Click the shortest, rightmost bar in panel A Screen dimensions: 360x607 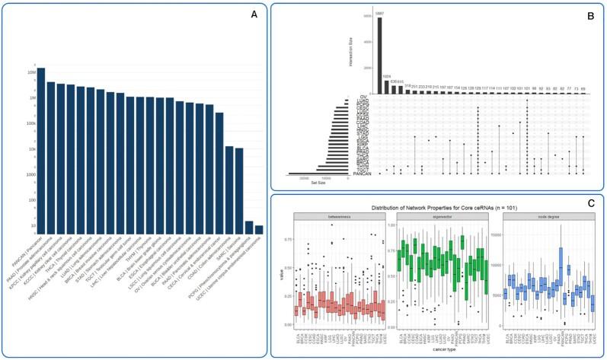[259, 229]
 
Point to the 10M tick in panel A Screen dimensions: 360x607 [32, 72]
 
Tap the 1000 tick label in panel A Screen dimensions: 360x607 [31, 174]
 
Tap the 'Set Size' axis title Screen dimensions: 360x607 [309, 182]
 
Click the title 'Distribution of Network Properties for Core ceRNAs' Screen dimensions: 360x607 [441, 207]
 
